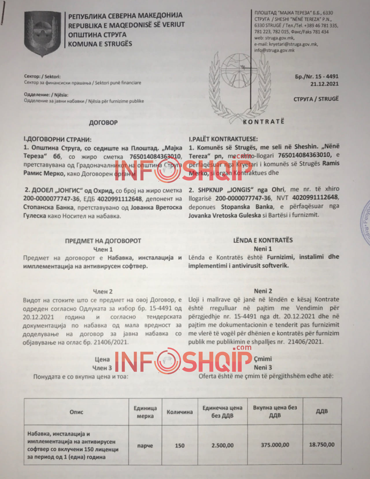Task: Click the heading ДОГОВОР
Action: [103, 122]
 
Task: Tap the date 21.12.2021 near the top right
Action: [324, 84]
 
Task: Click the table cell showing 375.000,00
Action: [275, 445]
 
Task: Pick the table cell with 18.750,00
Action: [322, 444]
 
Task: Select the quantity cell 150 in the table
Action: [180, 445]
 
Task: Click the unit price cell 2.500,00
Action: [222, 445]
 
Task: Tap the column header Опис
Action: [76, 412]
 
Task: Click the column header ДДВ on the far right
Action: [321, 411]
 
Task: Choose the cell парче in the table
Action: [145, 446]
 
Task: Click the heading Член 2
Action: [103, 291]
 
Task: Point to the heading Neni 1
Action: [263, 249]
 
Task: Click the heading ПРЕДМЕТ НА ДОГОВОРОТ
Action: [103, 241]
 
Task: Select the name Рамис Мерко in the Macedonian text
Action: [44, 174]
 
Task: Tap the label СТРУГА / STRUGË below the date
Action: [316, 99]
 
